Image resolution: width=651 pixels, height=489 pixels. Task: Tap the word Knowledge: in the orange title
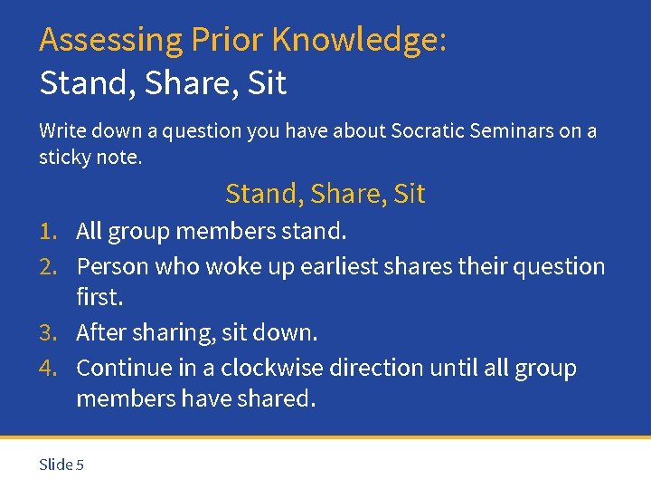359,41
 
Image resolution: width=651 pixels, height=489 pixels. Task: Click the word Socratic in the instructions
427,131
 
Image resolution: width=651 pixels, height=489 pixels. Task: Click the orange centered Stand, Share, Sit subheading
325,194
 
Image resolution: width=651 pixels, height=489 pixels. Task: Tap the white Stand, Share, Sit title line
163,83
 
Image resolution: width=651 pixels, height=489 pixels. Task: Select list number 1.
49,232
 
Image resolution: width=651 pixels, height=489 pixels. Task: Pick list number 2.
49,267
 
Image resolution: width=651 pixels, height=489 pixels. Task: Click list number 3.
49,333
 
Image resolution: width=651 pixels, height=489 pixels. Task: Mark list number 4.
49,369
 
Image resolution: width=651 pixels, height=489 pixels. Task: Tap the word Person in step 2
112,267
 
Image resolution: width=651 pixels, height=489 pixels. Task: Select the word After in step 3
101,333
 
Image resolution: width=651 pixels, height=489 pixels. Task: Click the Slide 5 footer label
61,465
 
